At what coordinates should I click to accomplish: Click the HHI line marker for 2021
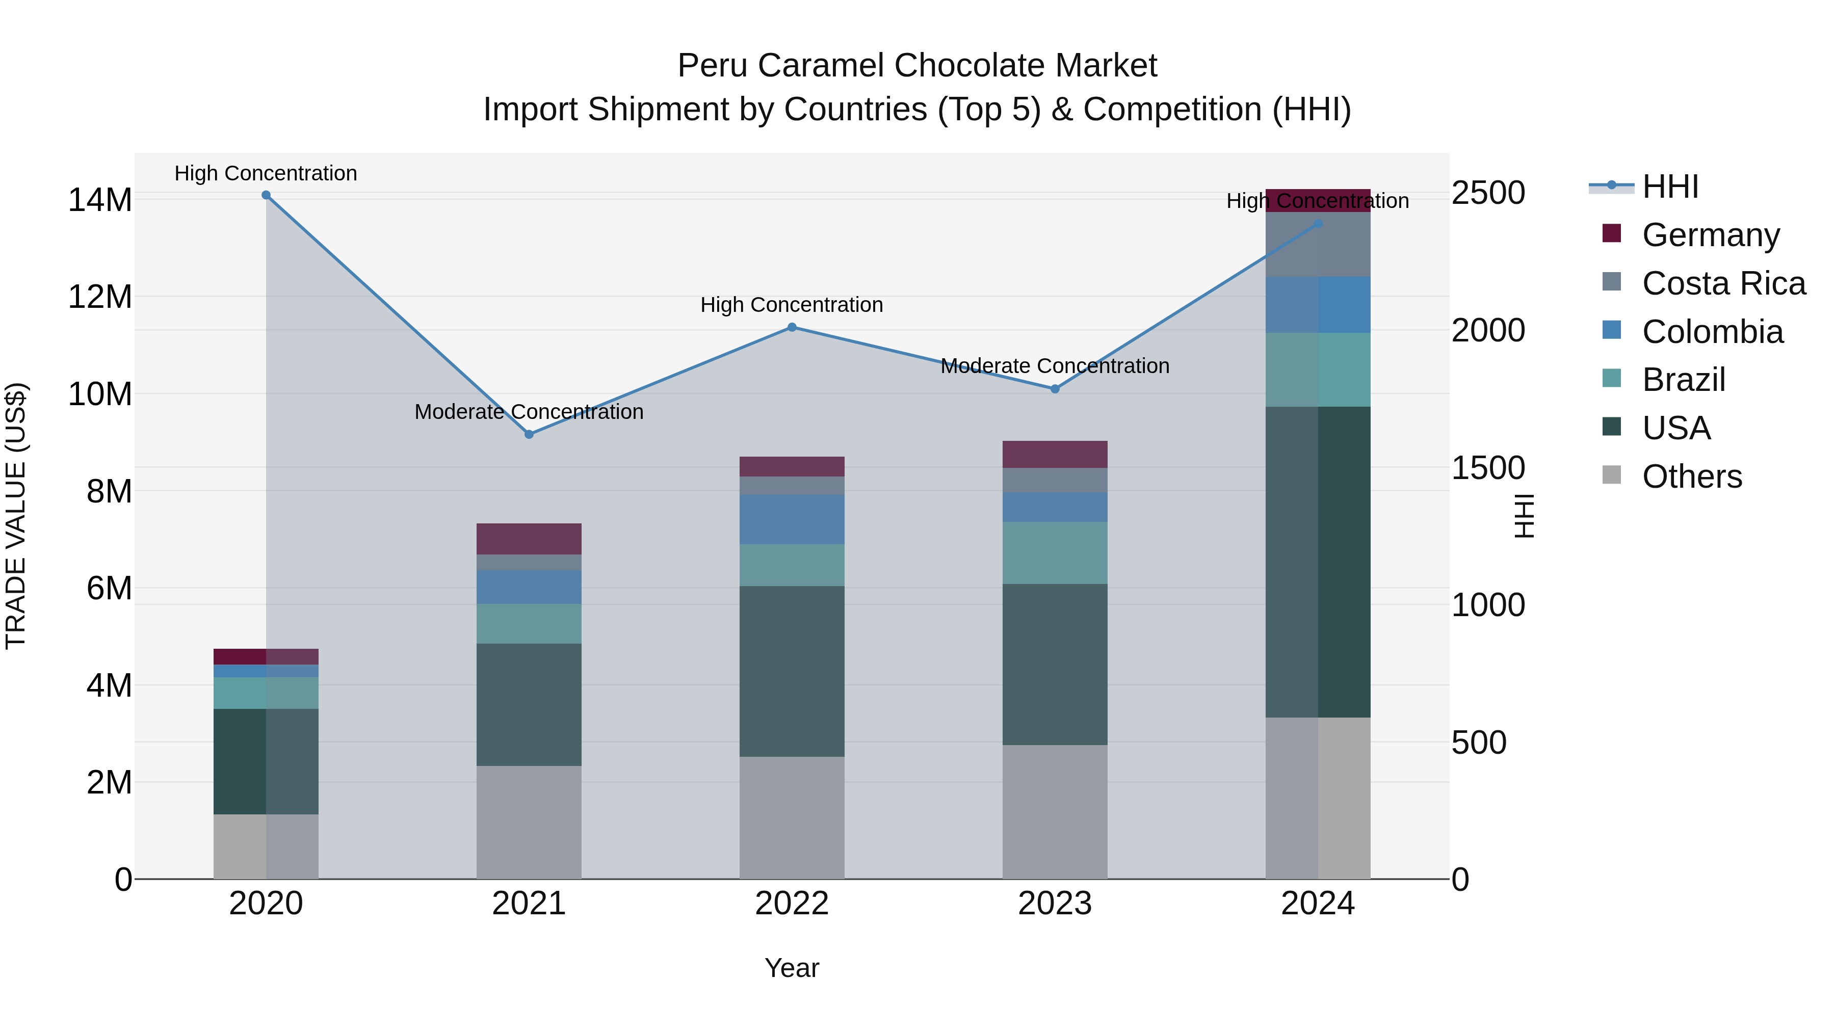(529, 434)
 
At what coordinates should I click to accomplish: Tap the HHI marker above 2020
(266, 195)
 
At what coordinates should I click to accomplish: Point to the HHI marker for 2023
(1055, 389)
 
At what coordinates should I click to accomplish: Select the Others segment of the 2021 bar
(529, 822)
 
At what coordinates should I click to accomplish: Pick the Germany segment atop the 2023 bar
(1055, 455)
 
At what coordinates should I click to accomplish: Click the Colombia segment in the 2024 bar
(1318, 305)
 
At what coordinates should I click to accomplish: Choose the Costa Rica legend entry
(1723, 283)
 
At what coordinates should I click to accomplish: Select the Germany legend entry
(1710, 235)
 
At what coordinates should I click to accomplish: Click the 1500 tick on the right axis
(1488, 468)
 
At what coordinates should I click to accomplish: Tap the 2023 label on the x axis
(1055, 904)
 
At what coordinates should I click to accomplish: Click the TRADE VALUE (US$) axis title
(16, 516)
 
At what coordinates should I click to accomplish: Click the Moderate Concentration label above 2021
(529, 412)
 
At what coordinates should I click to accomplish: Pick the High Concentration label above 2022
(792, 305)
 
